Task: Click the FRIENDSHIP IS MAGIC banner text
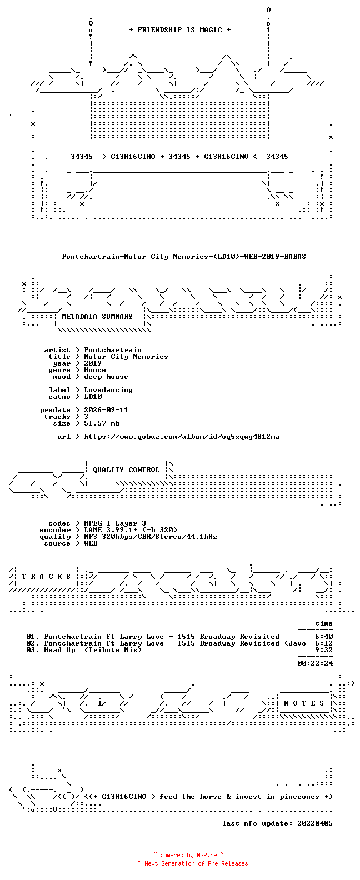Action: [x=180, y=30]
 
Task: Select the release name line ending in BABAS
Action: [x=184, y=257]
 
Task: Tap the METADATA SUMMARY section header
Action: [x=97, y=317]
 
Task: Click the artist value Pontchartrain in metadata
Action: [x=113, y=350]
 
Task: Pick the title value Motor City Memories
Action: [x=126, y=357]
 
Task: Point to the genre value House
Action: [x=95, y=370]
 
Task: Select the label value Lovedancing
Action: [x=108, y=390]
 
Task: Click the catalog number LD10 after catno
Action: [x=93, y=397]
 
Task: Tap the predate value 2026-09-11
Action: [x=106, y=410]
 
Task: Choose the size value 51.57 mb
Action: [x=102, y=423]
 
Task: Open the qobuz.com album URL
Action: [x=182, y=437]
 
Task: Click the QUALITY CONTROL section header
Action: [x=126, y=470]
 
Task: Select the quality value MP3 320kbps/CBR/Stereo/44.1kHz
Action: [x=151, y=537]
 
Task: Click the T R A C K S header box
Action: [x=46, y=576]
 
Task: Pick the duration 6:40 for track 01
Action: [x=324, y=637]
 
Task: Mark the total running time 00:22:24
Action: [x=315, y=663]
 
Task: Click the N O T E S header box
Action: [x=304, y=703]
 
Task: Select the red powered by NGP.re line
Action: [x=189, y=855]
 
